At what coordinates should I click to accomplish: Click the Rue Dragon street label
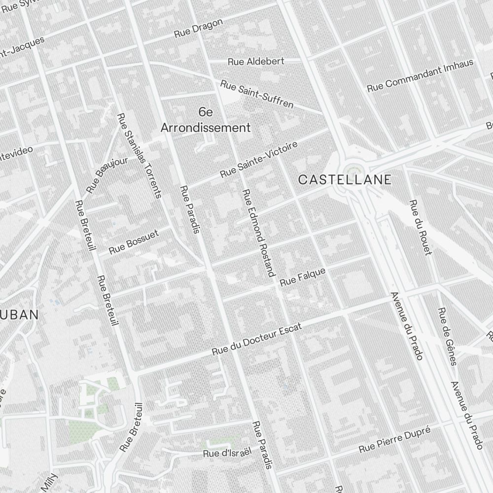199,29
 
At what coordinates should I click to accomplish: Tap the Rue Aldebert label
256,62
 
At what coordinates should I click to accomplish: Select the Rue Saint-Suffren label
256,94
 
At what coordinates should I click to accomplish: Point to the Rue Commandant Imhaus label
420,75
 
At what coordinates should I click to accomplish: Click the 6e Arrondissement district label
206,120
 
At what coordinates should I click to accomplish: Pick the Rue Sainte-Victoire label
258,160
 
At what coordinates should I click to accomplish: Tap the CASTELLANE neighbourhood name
345,180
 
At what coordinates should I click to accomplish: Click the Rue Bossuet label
134,242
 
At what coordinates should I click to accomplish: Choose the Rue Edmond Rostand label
257,233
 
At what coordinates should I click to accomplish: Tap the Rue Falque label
302,278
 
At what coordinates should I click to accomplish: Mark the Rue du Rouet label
420,227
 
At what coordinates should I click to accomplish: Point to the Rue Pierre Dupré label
394,440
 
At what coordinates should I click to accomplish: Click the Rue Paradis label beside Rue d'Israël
262,445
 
